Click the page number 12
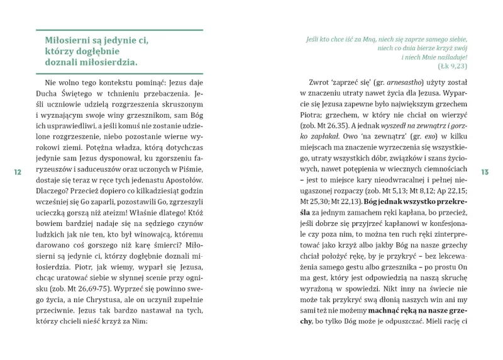click(18, 172)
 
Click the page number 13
click(485, 172)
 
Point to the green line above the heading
click(119, 30)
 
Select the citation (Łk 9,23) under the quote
click(452, 65)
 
